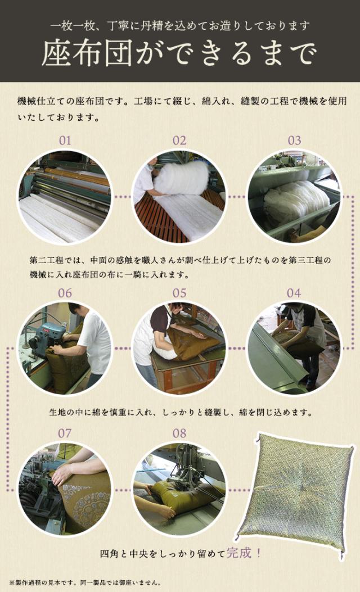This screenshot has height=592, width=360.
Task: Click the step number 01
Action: (x=65, y=141)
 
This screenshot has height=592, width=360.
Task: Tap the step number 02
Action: (x=179, y=141)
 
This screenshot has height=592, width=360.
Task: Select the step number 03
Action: (x=294, y=141)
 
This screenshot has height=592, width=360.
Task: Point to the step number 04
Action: (x=294, y=293)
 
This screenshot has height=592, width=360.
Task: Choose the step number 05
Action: (x=179, y=293)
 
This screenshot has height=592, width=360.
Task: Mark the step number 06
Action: (x=65, y=293)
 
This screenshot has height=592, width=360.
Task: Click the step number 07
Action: (x=65, y=433)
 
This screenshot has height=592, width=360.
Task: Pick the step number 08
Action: (x=179, y=433)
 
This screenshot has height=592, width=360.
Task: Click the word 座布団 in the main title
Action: (x=87, y=53)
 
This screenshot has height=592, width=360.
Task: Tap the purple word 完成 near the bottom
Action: (x=239, y=553)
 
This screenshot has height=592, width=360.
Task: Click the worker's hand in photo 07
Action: (x=62, y=474)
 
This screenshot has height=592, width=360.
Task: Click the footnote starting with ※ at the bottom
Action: (x=85, y=583)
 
